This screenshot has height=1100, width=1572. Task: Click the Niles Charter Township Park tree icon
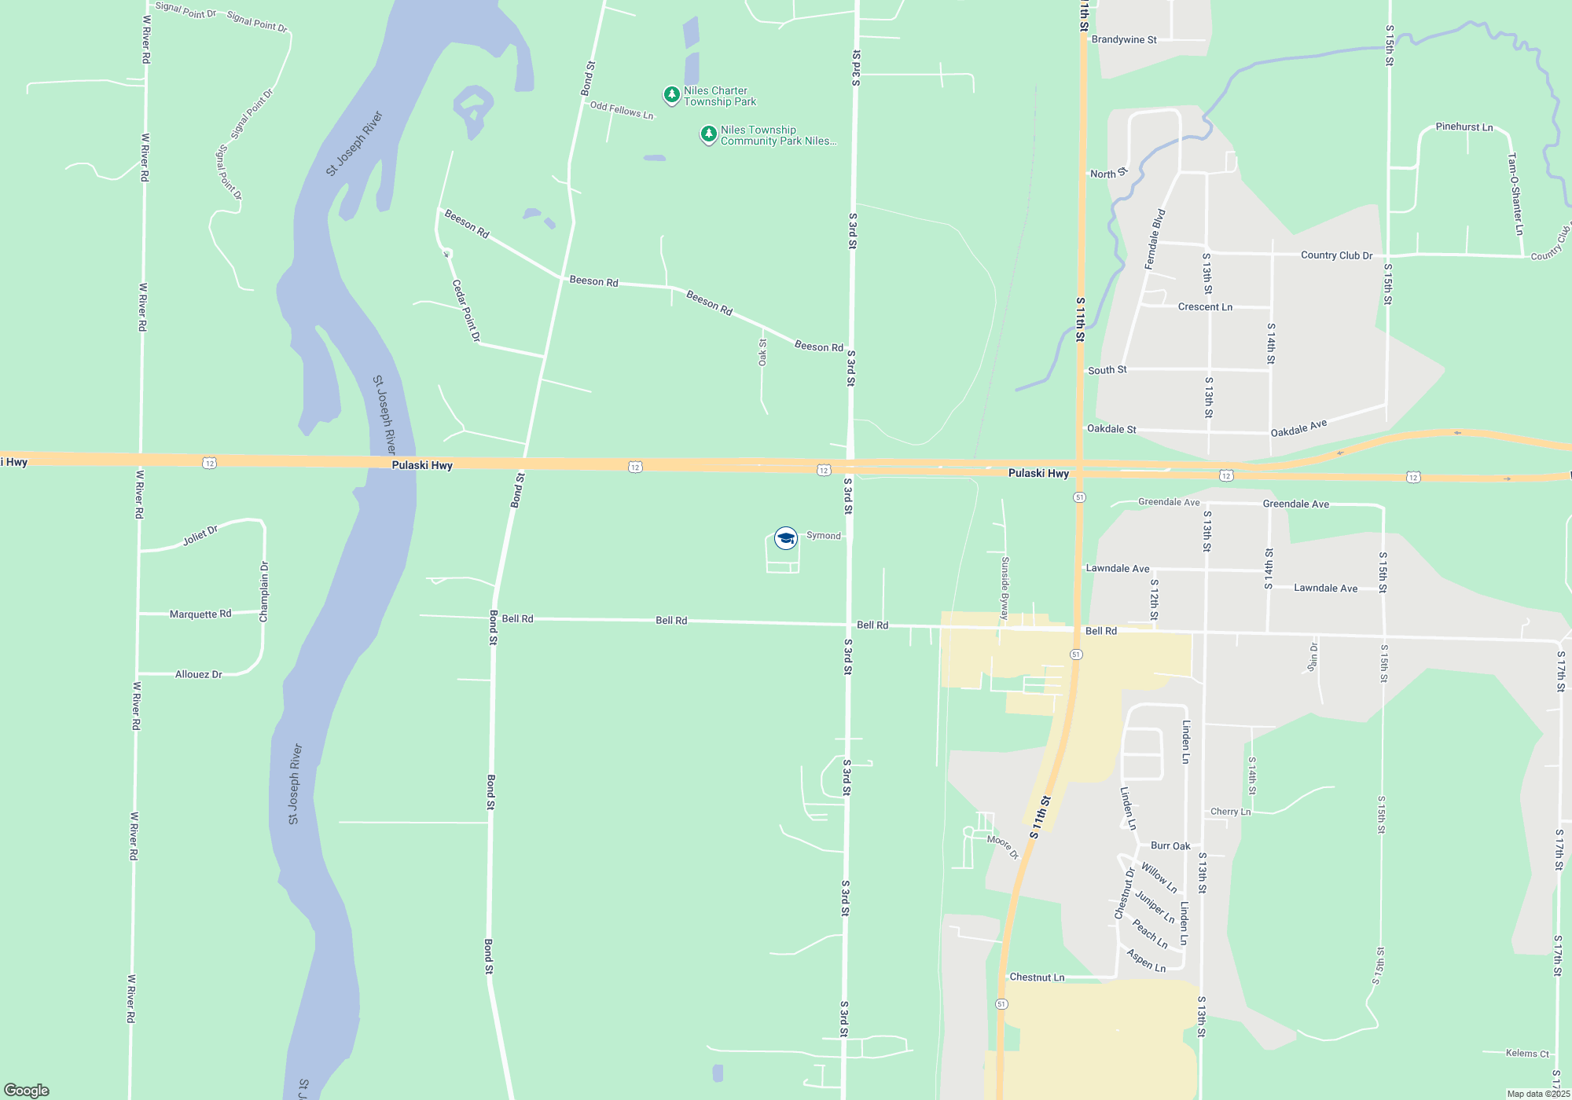pyautogui.click(x=671, y=95)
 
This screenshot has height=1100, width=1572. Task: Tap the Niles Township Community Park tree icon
pyautogui.click(x=708, y=134)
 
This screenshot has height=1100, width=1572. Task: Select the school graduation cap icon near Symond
pyautogui.click(x=785, y=537)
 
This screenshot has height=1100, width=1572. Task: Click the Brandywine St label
pyautogui.click(x=1124, y=39)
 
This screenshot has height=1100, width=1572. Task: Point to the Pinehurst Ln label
pyautogui.click(x=1464, y=126)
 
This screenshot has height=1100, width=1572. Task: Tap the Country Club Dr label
pyautogui.click(x=1336, y=255)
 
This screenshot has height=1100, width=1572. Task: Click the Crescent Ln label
pyautogui.click(x=1205, y=306)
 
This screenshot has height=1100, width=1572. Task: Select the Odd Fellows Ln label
pyautogui.click(x=622, y=110)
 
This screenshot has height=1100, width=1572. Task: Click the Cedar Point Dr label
pyautogui.click(x=465, y=310)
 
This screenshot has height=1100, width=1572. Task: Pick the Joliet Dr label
pyautogui.click(x=200, y=536)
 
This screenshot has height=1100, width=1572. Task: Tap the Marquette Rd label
pyautogui.click(x=200, y=614)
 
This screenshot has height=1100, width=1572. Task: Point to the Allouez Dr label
pyautogui.click(x=198, y=674)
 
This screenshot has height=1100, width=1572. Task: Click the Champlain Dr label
pyautogui.click(x=264, y=592)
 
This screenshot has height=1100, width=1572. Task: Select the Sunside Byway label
pyautogui.click(x=1005, y=588)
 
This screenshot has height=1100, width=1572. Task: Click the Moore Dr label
pyautogui.click(x=1002, y=846)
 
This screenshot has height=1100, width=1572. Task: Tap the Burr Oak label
pyautogui.click(x=1170, y=845)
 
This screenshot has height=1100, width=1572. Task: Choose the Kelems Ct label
pyautogui.click(x=1527, y=1053)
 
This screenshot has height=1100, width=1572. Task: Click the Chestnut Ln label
pyautogui.click(x=1037, y=977)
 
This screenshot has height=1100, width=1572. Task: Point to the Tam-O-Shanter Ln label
pyautogui.click(x=1515, y=194)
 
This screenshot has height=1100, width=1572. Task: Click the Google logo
pyautogui.click(x=27, y=1090)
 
